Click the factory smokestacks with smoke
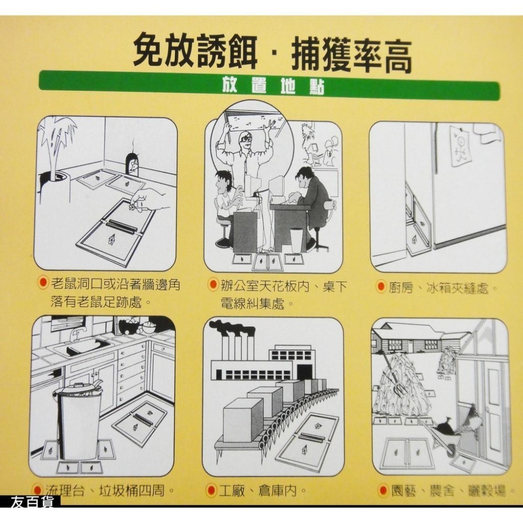233,340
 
